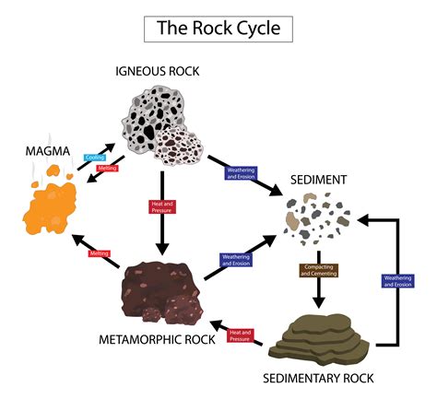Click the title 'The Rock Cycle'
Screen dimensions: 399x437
coord(218,29)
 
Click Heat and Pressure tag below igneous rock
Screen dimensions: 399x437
coord(162,206)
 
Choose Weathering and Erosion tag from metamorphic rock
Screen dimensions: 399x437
coord(236,260)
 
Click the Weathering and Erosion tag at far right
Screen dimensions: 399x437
coord(397,280)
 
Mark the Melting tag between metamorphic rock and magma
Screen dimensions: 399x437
coord(100,252)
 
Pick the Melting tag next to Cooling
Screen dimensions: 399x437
coord(106,169)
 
